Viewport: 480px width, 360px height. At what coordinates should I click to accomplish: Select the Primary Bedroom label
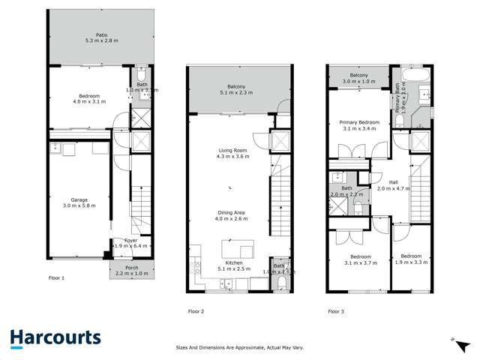358,122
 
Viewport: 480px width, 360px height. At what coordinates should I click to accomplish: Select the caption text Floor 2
196,310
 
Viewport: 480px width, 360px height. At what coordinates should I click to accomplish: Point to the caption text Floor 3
335,310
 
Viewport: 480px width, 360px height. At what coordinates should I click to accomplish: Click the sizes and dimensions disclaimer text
240,347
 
